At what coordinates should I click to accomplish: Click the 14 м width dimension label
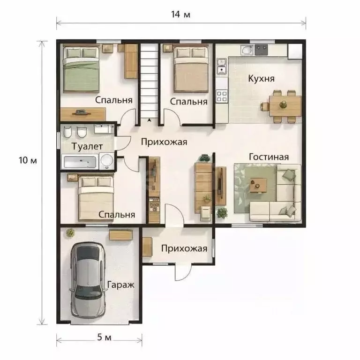click(x=180, y=15)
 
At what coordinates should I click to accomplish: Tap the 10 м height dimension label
click(x=28, y=160)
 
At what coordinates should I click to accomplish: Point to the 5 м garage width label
click(x=104, y=337)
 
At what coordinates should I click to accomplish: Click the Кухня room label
click(x=261, y=79)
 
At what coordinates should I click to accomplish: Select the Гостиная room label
click(x=269, y=157)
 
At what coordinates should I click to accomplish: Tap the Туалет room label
click(x=87, y=146)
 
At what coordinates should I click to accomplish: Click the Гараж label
click(x=121, y=285)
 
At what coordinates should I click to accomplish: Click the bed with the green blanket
click(x=81, y=69)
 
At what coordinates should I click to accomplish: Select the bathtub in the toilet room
click(x=80, y=162)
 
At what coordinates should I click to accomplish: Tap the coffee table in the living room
click(x=258, y=185)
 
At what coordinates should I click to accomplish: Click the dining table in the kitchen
click(x=285, y=106)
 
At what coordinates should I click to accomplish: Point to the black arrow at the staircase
click(x=150, y=120)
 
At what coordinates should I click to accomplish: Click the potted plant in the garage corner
click(x=70, y=233)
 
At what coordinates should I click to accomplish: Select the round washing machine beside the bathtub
click(x=106, y=161)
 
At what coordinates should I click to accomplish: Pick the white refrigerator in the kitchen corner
click(x=295, y=51)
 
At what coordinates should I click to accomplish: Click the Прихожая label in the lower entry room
click(x=184, y=248)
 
